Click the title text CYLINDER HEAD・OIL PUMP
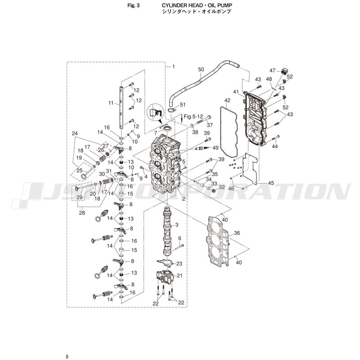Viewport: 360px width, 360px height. [197, 5]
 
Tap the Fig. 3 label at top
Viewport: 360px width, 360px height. [133, 5]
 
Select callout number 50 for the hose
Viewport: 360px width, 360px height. [201, 69]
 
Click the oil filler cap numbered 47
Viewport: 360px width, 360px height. [285, 71]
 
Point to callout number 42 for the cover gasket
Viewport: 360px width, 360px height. [227, 100]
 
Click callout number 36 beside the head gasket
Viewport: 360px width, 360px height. [237, 233]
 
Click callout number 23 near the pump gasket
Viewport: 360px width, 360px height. [179, 264]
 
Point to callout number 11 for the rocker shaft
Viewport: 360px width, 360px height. [111, 103]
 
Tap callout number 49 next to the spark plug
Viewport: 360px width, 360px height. [216, 148]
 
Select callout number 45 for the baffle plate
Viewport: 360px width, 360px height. [271, 183]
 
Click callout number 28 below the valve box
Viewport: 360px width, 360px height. [82, 213]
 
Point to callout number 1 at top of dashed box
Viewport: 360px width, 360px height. [174, 67]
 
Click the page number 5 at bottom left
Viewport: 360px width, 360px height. [67, 356]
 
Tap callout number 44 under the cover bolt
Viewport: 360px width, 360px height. [275, 146]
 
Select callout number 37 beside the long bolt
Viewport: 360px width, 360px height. [210, 125]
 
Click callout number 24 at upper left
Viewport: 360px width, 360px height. [75, 133]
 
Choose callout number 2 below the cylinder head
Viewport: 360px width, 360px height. [184, 199]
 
